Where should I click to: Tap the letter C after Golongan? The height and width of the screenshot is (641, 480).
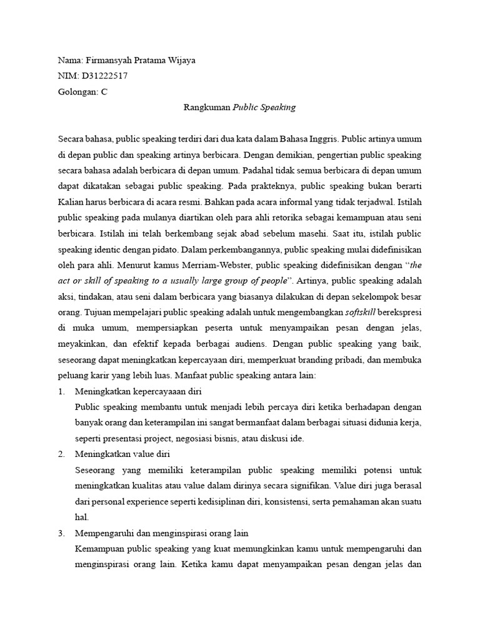(104, 91)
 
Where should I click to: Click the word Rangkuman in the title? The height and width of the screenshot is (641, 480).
(207, 107)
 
